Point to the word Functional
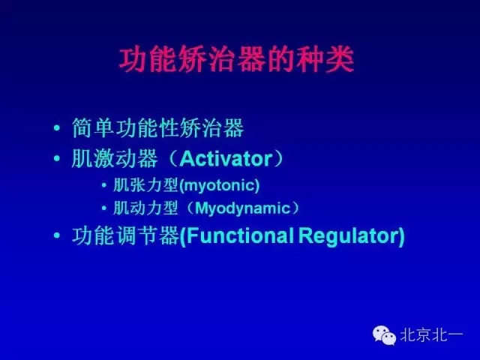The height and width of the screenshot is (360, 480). pyautogui.click(x=240, y=236)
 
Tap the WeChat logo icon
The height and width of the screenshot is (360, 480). pyautogui.click(x=385, y=334)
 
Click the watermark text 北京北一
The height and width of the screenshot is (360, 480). pyautogui.click(x=430, y=334)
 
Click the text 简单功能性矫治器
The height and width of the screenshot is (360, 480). pyautogui.click(x=158, y=129)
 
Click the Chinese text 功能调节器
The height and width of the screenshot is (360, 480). pyautogui.click(x=125, y=236)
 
